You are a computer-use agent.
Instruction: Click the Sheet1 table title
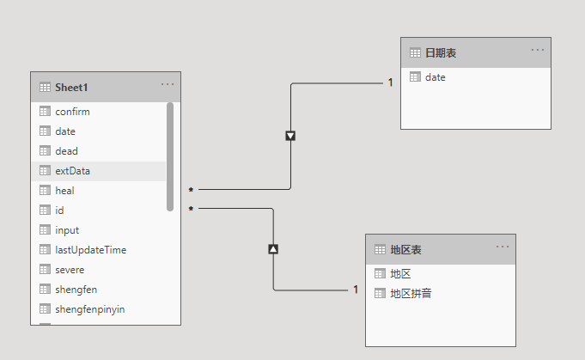pyautogui.click(x=71, y=87)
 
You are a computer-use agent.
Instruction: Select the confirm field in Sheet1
pyautogui.click(x=72, y=112)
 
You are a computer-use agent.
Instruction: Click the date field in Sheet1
pyautogui.click(x=65, y=131)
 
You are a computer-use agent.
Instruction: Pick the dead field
pyautogui.click(x=66, y=151)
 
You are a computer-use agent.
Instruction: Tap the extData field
pyautogui.click(x=72, y=171)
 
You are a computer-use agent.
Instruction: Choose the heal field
pyautogui.click(x=64, y=191)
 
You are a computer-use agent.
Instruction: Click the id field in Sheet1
pyautogui.click(x=59, y=211)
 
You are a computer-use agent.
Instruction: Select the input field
pyautogui.click(x=67, y=230)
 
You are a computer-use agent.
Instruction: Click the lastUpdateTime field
pyautogui.click(x=90, y=250)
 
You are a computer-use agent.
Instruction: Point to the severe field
pyautogui.click(x=70, y=270)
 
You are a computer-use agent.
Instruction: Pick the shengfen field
pyautogui.click(x=76, y=290)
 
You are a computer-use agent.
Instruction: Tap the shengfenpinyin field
pyautogui.click(x=89, y=309)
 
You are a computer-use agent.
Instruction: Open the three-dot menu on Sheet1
pyautogui.click(x=168, y=84)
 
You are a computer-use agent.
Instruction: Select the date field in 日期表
pyautogui.click(x=435, y=77)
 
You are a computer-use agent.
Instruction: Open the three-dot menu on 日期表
pyautogui.click(x=538, y=50)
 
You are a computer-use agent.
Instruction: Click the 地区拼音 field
pyautogui.click(x=411, y=294)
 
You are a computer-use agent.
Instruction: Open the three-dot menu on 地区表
pyautogui.click(x=503, y=247)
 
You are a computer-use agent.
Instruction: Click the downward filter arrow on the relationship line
pyautogui.click(x=290, y=136)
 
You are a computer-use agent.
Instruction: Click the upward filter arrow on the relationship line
pyautogui.click(x=273, y=249)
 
